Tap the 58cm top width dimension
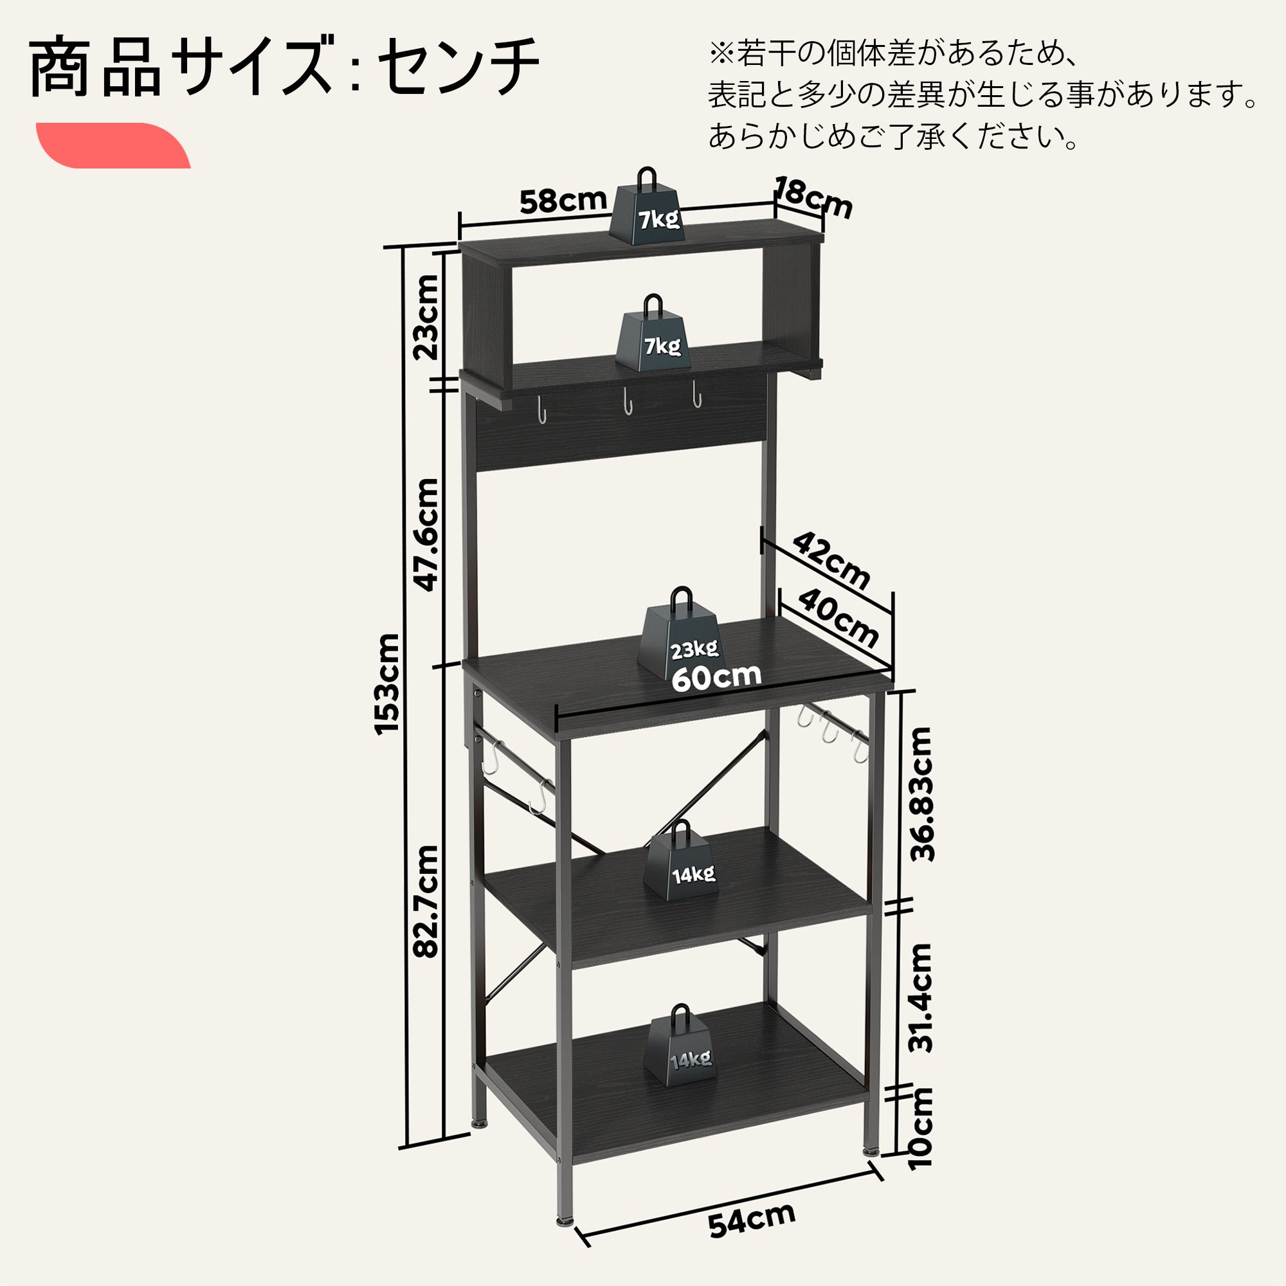pyautogui.click(x=563, y=201)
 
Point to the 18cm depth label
pyautogui.click(x=814, y=197)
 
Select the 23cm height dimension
pyautogui.click(x=426, y=318)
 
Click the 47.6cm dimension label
pyautogui.click(x=427, y=534)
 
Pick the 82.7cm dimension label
pyautogui.click(x=426, y=901)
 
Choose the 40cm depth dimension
pyautogui.click(x=837, y=619)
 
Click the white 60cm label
pyautogui.click(x=716, y=677)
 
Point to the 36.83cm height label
pyautogui.click(x=922, y=794)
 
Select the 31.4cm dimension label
pyautogui.click(x=921, y=997)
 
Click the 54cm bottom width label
pyautogui.click(x=752, y=1220)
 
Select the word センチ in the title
pyautogui.click(x=458, y=67)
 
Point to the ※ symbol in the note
pyautogui.click(x=721, y=54)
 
